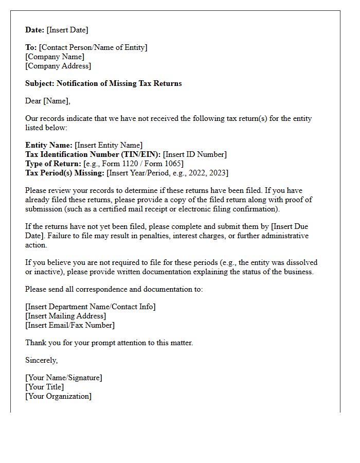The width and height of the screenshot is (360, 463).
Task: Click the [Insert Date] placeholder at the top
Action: [x=67, y=30]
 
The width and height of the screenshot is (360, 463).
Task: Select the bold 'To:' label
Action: [x=31, y=47]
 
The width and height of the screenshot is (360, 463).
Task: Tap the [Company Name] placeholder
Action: [x=55, y=57]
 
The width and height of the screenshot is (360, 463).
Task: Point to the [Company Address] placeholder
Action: [x=58, y=66]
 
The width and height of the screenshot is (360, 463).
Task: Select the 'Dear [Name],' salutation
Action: [x=48, y=101]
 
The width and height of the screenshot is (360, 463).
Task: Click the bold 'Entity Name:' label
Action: [x=49, y=145]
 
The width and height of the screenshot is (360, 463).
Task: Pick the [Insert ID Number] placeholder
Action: [x=195, y=154]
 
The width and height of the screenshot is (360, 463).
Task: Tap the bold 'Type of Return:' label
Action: [x=53, y=164]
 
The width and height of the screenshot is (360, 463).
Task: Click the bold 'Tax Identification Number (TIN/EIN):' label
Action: [x=93, y=154]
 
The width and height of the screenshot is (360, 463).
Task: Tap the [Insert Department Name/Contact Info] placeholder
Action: [x=91, y=307]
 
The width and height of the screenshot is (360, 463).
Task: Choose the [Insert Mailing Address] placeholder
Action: [x=66, y=316]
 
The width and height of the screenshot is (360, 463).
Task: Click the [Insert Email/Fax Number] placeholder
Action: [x=70, y=325]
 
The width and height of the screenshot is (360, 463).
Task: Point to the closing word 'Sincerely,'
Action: [x=42, y=360]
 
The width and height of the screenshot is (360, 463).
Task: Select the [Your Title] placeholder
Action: [x=45, y=387]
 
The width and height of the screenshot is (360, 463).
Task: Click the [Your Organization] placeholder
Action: [x=59, y=396]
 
